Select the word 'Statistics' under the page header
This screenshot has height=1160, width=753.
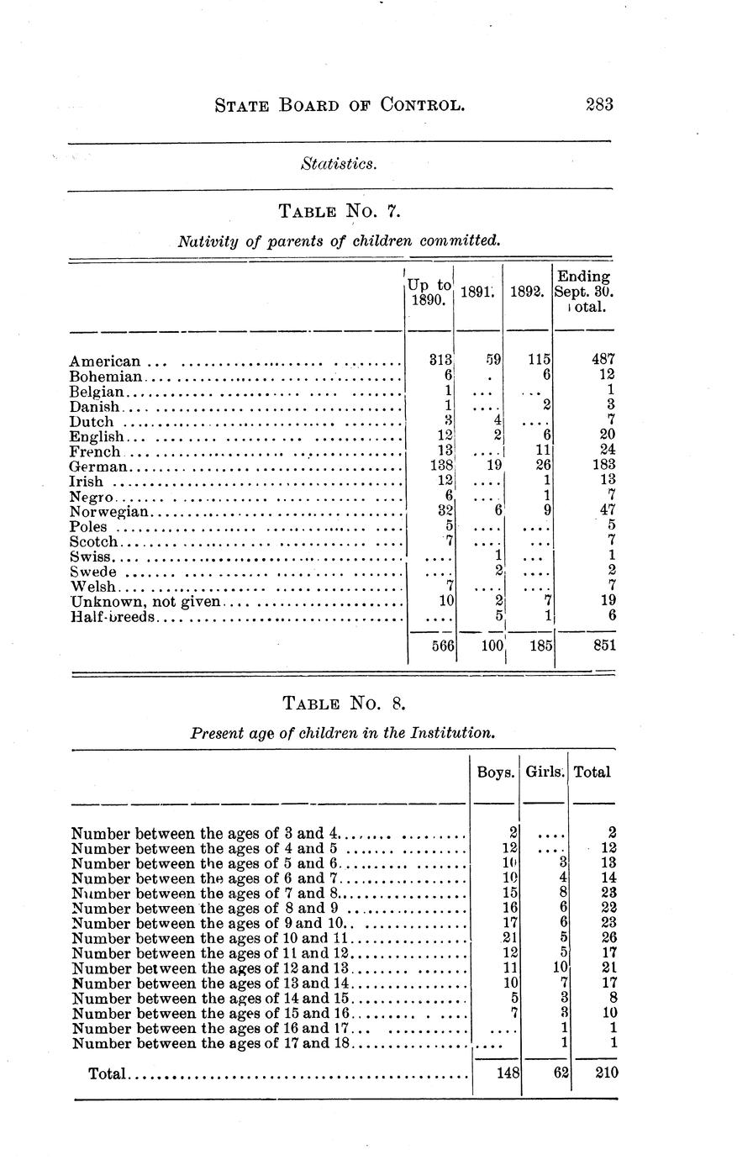338,163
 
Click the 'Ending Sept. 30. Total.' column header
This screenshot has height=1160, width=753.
583,292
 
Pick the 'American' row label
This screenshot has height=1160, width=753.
104,362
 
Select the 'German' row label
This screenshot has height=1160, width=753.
98,467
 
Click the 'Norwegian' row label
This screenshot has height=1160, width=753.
109,511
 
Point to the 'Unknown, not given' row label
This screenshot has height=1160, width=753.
145,601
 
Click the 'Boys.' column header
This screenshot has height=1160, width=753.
495,772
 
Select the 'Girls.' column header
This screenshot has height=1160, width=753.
545,772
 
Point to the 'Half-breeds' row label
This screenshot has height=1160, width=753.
113,616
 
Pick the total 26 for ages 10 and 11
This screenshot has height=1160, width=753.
609,937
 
